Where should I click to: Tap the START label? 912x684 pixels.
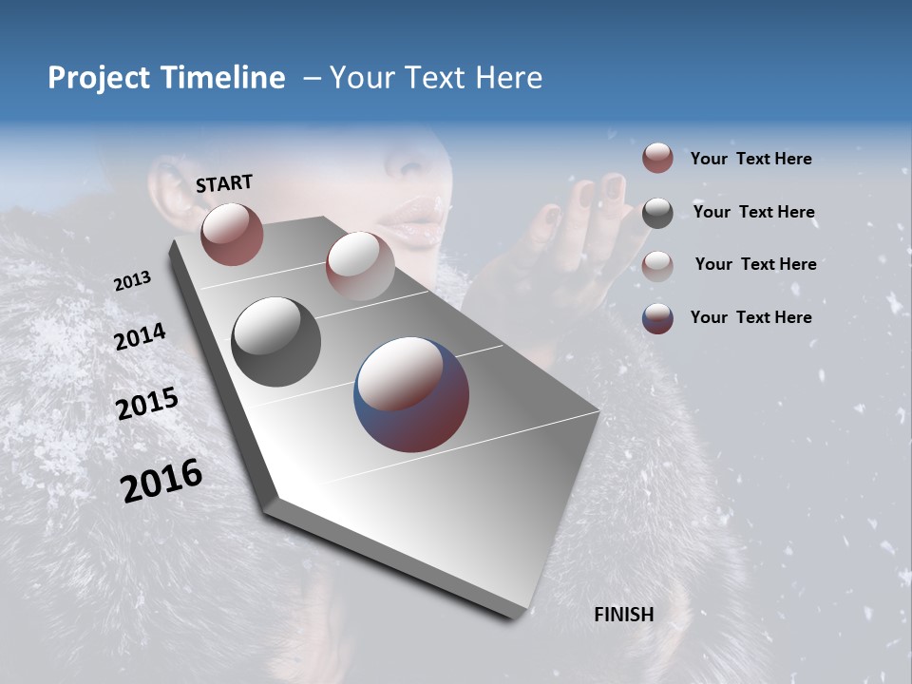point(224,183)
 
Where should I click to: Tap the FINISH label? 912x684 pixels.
point(624,615)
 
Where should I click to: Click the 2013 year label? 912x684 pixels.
point(132,281)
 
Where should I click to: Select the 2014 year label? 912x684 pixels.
point(140,337)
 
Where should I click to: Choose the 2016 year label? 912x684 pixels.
point(161,481)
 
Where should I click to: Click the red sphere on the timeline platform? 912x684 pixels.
point(232,234)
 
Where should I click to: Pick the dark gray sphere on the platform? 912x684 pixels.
point(275,342)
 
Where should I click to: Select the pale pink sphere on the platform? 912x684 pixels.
point(360,264)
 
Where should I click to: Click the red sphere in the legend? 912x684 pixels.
point(657,159)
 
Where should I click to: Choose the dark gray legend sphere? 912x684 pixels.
point(657,213)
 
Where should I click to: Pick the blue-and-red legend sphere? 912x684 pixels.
point(657,318)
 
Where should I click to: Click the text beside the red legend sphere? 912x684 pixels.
point(750,160)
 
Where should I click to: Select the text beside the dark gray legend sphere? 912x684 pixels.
point(753,212)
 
